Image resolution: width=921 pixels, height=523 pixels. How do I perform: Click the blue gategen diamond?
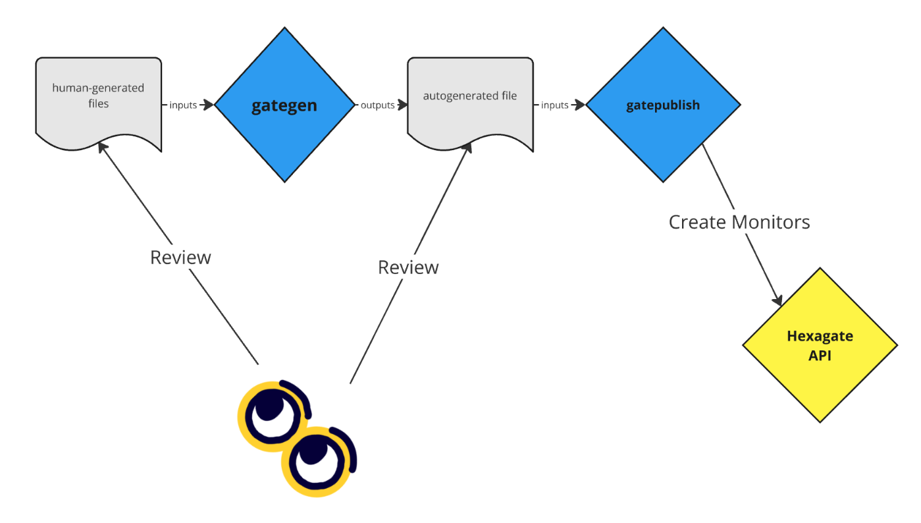[284, 105]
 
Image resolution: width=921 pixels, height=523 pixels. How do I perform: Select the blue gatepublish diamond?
[663, 105]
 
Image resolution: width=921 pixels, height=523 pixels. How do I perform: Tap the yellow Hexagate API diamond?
[820, 345]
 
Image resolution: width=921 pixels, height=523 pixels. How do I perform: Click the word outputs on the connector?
[378, 105]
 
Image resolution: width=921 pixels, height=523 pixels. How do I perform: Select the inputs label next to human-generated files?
[183, 105]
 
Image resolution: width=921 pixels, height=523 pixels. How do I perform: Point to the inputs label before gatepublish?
[555, 105]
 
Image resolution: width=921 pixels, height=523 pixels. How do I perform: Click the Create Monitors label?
[739, 222]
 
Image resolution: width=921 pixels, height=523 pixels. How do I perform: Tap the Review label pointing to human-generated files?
[180, 257]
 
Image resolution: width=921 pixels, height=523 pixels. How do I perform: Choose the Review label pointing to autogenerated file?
[408, 267]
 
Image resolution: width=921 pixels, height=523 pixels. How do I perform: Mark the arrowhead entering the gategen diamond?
[209, 105]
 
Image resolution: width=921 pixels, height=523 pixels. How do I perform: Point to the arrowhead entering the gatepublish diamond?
[580, 105]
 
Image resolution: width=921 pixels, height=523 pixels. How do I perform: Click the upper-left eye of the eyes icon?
[271, 414]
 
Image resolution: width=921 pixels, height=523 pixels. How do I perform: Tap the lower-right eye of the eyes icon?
[317, 461]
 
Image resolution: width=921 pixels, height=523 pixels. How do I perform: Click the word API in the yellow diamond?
[820, 356]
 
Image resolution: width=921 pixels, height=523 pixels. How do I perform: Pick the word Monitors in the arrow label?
[771, 222]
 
